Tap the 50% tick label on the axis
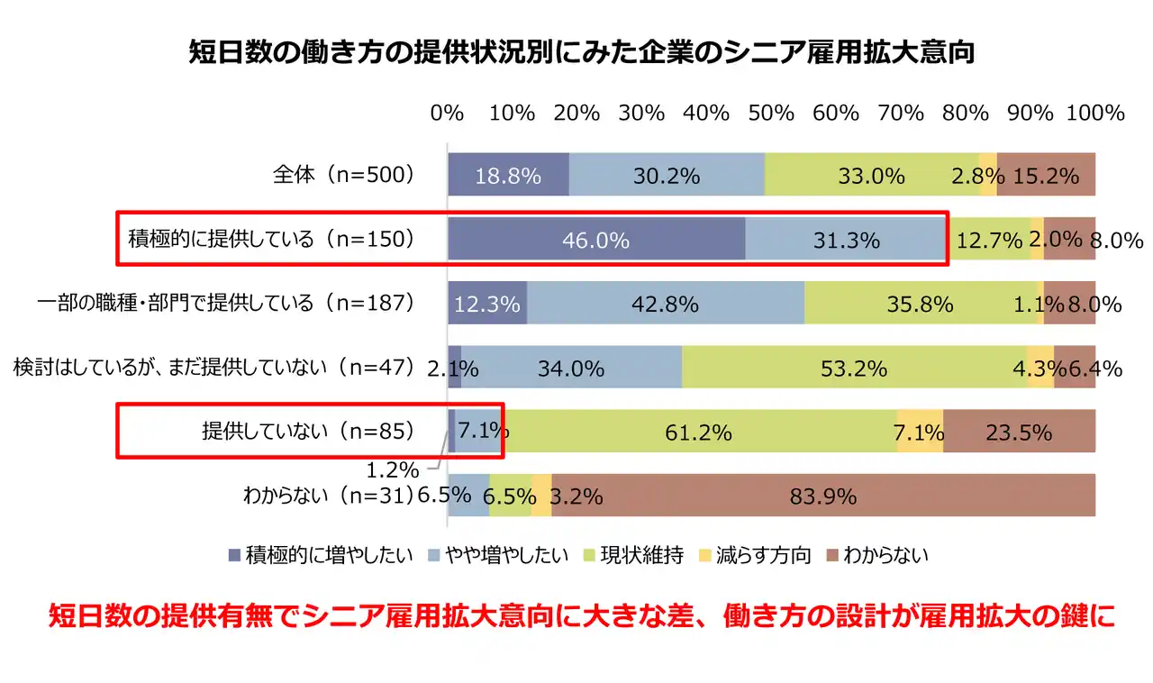point(771,114)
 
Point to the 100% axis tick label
point(1095,114)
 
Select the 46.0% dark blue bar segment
point(596,239)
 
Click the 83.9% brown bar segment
point(823,495)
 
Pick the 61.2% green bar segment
point(698,432)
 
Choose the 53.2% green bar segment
point(854,368)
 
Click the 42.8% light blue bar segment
point(666,304)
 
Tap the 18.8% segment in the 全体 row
point(508,175)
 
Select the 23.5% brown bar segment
point(1019,432)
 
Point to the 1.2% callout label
point(392,469)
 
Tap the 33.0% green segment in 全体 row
point(871,175)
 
